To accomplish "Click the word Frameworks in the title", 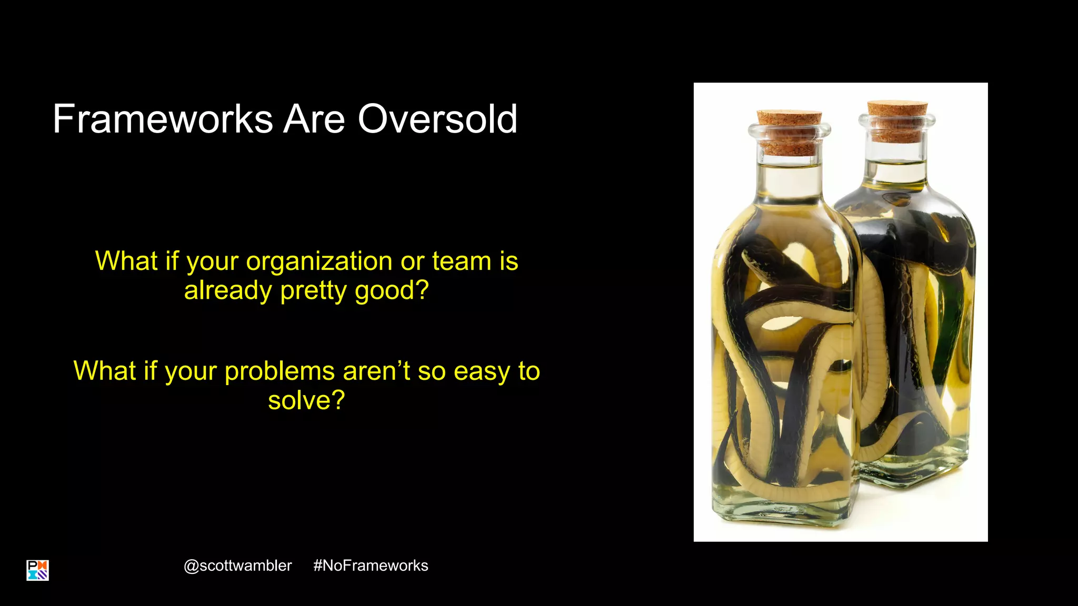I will point(163,119).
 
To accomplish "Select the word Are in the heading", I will point(314,119).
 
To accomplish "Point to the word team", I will point(462,261).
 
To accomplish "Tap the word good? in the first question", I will point(392,290).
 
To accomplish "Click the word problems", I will point(280,371).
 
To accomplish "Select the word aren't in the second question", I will point(376,371).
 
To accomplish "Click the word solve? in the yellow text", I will point(306,400).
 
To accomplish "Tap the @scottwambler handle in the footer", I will point(237,565).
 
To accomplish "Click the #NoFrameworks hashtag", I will point(371,565).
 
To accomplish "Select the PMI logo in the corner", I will point(37,570).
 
